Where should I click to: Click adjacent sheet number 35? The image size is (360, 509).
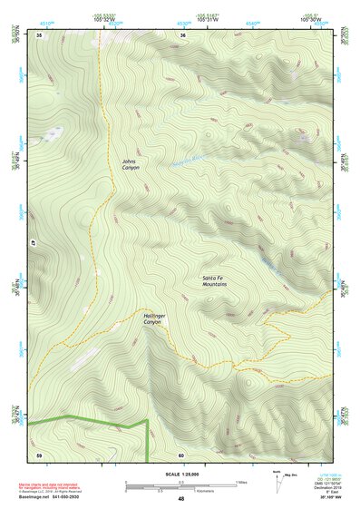pyautogui.click(x=39, y=34)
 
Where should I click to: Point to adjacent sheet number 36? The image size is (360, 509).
pyautogui.click(x=182, y=34)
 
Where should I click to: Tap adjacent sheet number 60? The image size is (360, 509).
pyautogui.click(x=181, y=455)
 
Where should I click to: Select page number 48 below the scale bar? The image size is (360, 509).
pyautogui.click(x=180, y=499)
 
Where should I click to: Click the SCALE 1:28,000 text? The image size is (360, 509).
pyautogui.click(x=180, y=474)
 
